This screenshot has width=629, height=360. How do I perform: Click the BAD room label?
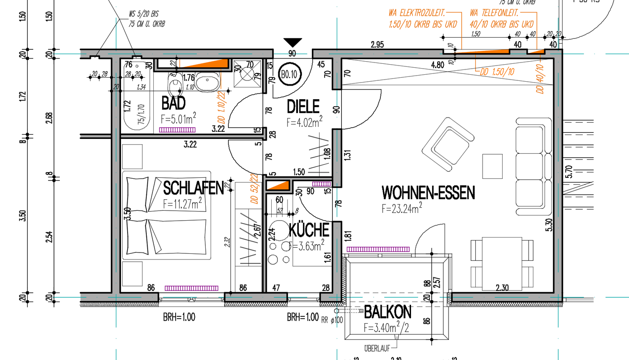(173, 104)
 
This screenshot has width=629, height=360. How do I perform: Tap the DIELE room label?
(303, 106)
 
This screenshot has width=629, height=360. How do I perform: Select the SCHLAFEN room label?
(193, 188)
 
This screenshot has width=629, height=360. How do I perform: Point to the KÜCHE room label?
(309, 230)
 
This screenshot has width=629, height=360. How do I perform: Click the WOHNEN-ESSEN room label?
(428, 193)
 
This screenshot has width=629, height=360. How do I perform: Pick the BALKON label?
(387, 312)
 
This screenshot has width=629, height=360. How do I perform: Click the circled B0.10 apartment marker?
(289, 74)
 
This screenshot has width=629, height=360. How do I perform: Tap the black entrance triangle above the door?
(292, 42)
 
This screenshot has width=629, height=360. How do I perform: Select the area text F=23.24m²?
(401, 208)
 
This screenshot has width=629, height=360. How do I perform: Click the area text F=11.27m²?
(182, 203)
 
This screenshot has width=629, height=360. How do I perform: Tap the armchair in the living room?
(448, 143)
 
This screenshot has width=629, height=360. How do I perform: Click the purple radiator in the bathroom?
(177, 130)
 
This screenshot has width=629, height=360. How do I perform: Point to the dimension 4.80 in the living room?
(438, 65)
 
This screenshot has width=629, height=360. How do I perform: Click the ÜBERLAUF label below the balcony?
(376, 348)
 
